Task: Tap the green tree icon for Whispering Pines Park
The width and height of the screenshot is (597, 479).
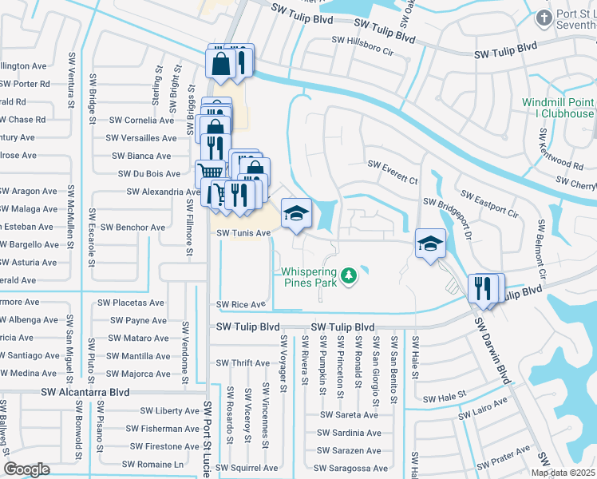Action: click(348, 276)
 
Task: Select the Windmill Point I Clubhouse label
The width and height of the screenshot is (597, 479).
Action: click(558, 108)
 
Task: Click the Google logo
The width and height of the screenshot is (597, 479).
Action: click(26, 469)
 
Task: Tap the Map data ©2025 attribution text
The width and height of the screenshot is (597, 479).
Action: click(563, 473)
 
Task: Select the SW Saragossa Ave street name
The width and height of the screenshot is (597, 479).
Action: click(351, 469)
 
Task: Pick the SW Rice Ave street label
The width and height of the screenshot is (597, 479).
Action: click(240, 305)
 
